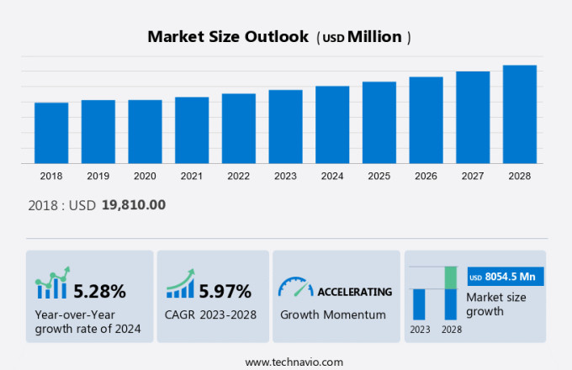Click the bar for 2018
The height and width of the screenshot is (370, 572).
(51, 133)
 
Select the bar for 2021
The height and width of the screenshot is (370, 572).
(192, 130)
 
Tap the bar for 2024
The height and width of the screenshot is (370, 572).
(332, 124)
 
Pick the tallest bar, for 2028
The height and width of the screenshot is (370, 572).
(520, 114)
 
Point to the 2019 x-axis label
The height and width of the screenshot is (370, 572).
(98, 176)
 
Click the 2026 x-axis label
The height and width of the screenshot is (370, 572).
(426, 176)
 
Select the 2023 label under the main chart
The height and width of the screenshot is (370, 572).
(285, 176)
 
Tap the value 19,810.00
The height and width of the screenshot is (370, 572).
(133, 204)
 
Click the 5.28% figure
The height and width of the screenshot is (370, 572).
(99, 292)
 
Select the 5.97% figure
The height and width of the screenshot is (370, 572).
(225, 292)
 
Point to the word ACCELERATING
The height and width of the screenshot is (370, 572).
(354, 292)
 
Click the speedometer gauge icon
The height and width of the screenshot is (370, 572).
(295, 288)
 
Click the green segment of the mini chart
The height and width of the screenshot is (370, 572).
(451, 277)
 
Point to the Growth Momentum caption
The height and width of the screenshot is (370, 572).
(333, 315)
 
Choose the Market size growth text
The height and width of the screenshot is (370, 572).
(496, 304)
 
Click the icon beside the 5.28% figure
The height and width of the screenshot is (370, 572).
(51, 286)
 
